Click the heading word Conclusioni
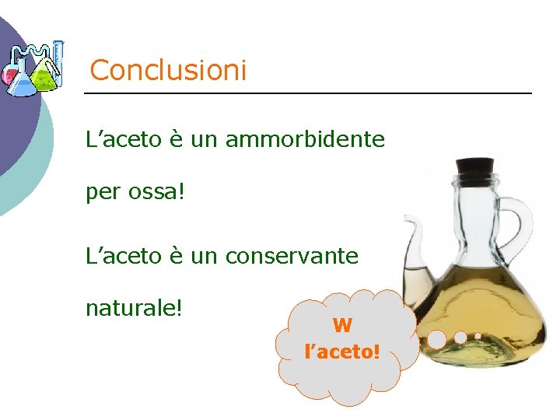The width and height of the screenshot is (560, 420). coord(168,71)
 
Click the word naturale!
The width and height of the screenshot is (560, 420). coord(134,306)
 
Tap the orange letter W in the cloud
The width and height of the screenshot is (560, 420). coord(342,326)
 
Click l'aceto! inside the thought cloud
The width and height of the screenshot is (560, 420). coord(342,352)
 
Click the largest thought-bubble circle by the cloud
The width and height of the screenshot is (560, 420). coord(437,339)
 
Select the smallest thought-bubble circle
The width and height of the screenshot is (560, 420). coord(478,335)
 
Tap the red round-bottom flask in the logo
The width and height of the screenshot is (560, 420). coord(9,75)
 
